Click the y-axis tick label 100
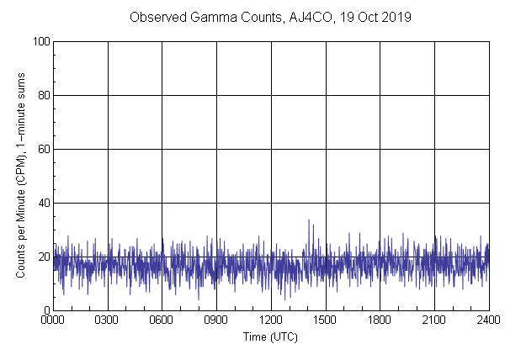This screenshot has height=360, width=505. [x=40, y=41]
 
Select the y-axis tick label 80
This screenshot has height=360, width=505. [x=42, y=95]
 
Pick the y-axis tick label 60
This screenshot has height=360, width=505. [x=42, y=149]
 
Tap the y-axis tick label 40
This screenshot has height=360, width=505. [x=42, y=203]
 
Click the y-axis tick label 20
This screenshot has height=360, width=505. [x=42, y=257]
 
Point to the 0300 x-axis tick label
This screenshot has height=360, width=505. [x=108, y=320]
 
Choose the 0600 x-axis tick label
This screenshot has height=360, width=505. [x=162, y=320]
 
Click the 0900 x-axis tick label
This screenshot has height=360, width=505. [x=216, y=320]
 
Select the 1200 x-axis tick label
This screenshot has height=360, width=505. [x=271, y=320]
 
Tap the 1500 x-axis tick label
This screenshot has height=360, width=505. [x=325, y=320]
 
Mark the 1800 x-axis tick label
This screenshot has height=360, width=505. [x=380, y=320]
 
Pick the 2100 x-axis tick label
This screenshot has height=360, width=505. [x=433, y=320]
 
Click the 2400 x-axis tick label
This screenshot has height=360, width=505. [x=487, y=320]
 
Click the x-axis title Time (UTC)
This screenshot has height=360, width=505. [x=270, y=336]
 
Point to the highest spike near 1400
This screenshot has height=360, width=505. [x=309, y=220]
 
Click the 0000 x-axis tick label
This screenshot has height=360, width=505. [x=54, y=320]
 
